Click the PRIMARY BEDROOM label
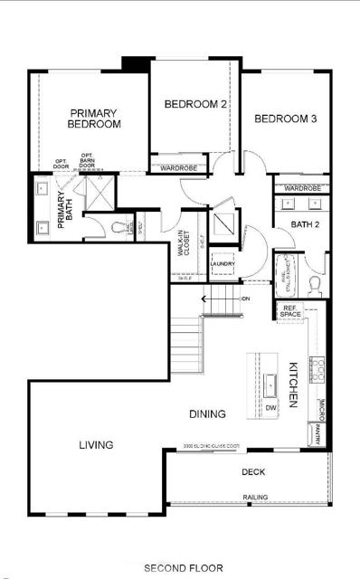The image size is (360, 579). (94, 119)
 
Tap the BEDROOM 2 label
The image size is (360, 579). (194, 105)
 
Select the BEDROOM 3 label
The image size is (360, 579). (284, 119)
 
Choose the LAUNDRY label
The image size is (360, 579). (223, 264)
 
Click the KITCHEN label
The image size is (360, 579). (293, 384)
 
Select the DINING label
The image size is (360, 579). (207, 414)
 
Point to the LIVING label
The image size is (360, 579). (96, 445)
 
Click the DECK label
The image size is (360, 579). (252, 472)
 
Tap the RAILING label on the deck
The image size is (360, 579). (254, 498)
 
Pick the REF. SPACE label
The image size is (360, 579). (289, 312)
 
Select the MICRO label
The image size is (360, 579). (321, 409)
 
